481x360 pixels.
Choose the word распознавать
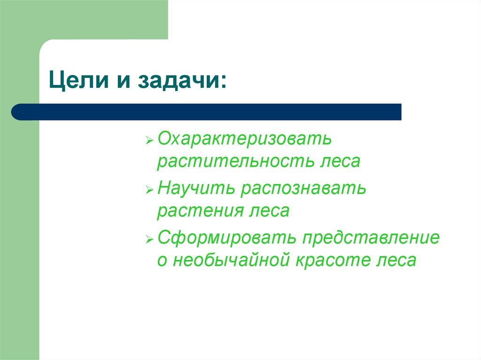click(x=303, y=190)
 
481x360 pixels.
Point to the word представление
click(x=371, y=238)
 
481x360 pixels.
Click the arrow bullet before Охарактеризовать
click(x=149, y=140)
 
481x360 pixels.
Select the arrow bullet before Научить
click(x=149, y=190)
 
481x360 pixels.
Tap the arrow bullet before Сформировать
click(x=149, y=239)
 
